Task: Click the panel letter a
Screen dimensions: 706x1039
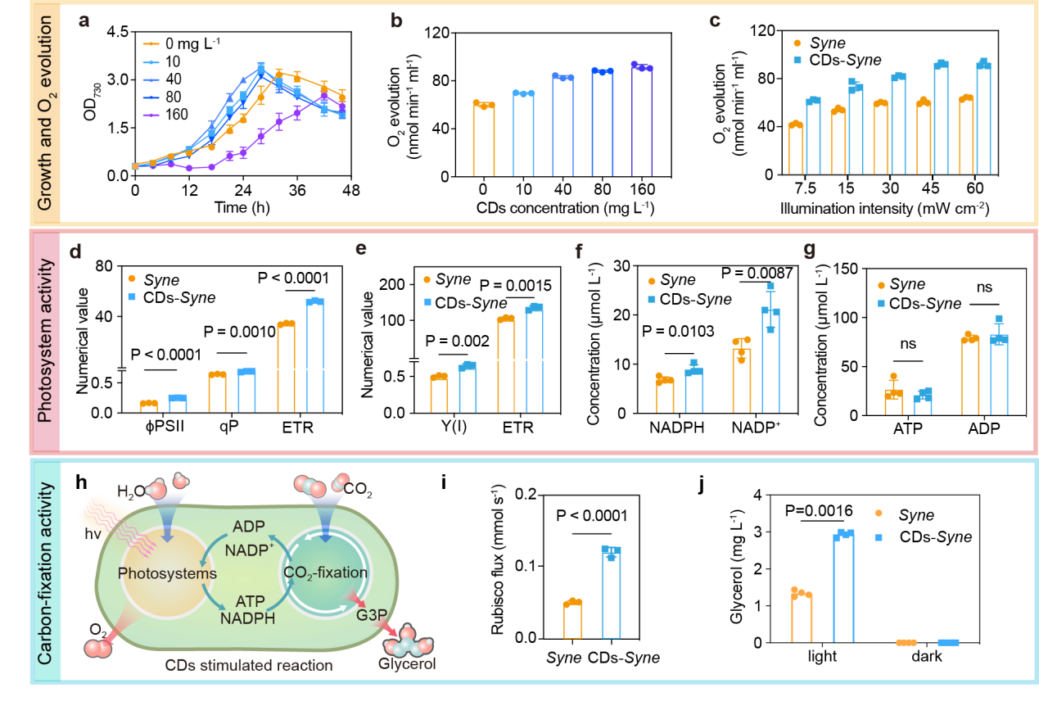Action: coord(84,21)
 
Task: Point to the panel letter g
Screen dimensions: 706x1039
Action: coord(810,251)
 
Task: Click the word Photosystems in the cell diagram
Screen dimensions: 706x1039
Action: coord(167,573)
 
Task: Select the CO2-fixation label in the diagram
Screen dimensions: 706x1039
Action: coord(325,572)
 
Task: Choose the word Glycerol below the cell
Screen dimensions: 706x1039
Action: coord(407,663)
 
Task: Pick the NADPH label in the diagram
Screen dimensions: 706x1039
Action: coord(247,618)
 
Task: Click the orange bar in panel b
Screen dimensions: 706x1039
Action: coord(484,139)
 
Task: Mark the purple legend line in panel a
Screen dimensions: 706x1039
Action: coord(151,115)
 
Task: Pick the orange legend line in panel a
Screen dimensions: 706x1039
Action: coord(151,43)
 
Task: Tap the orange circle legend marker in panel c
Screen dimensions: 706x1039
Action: coord(797,43)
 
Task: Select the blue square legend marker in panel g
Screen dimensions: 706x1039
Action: coord(881,303)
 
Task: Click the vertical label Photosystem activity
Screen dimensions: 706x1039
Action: coord(46,340)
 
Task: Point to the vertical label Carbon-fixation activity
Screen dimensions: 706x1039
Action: coord(46,572)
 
